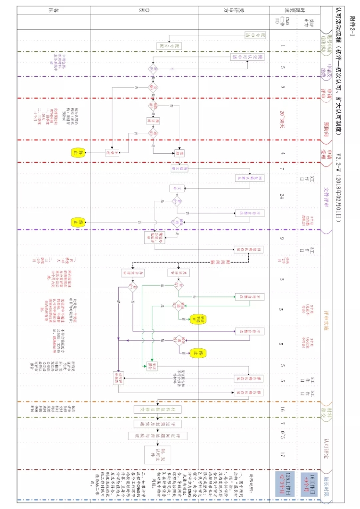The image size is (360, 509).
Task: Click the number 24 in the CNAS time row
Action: tap(282, 196)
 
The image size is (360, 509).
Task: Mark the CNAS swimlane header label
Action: tap(144, 10)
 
